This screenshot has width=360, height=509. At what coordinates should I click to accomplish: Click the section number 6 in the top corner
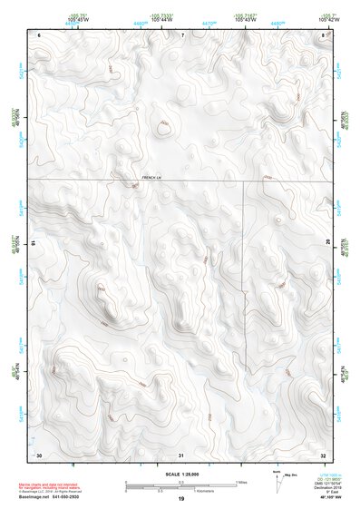tap(40, 34)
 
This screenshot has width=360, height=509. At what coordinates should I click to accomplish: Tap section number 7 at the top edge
tap(181, 34)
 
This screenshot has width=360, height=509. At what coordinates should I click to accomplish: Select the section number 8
tap(324, 34)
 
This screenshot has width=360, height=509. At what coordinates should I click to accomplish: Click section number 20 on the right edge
tap(327, 243)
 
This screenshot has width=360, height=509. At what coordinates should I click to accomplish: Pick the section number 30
tap(39, 454)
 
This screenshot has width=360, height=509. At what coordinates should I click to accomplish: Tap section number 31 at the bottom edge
tap(181, 454)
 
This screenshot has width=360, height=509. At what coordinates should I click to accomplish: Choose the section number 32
tap(324, 454)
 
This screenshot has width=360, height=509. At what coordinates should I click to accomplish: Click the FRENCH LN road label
tap(151, 177)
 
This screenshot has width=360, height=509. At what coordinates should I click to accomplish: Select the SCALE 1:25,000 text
tap(180, 474)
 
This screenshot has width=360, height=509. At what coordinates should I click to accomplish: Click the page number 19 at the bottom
tap(180, 499)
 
